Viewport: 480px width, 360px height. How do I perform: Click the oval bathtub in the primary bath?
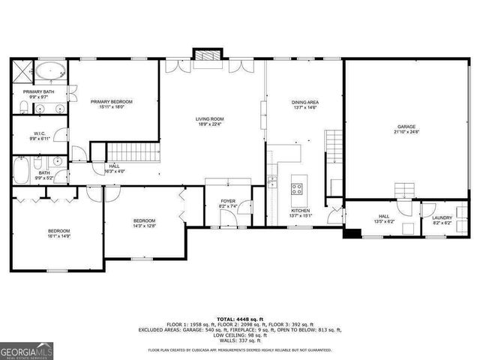(49, 72)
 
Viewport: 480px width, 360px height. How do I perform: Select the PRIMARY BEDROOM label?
(112, 103)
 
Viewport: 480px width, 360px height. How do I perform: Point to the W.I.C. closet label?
(39, 136)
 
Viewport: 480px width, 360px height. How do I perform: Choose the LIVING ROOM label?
(211, 121)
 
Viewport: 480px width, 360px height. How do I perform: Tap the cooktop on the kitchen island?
(298, 187)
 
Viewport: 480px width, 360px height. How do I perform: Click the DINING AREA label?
(305, 104)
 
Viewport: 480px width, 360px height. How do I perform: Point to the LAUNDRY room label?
(442, 220)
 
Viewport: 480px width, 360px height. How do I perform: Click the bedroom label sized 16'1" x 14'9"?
(59, 233)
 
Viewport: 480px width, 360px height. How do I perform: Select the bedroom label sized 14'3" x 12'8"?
(144, 223)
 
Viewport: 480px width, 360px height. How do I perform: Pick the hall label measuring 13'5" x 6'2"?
(383, 220)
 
